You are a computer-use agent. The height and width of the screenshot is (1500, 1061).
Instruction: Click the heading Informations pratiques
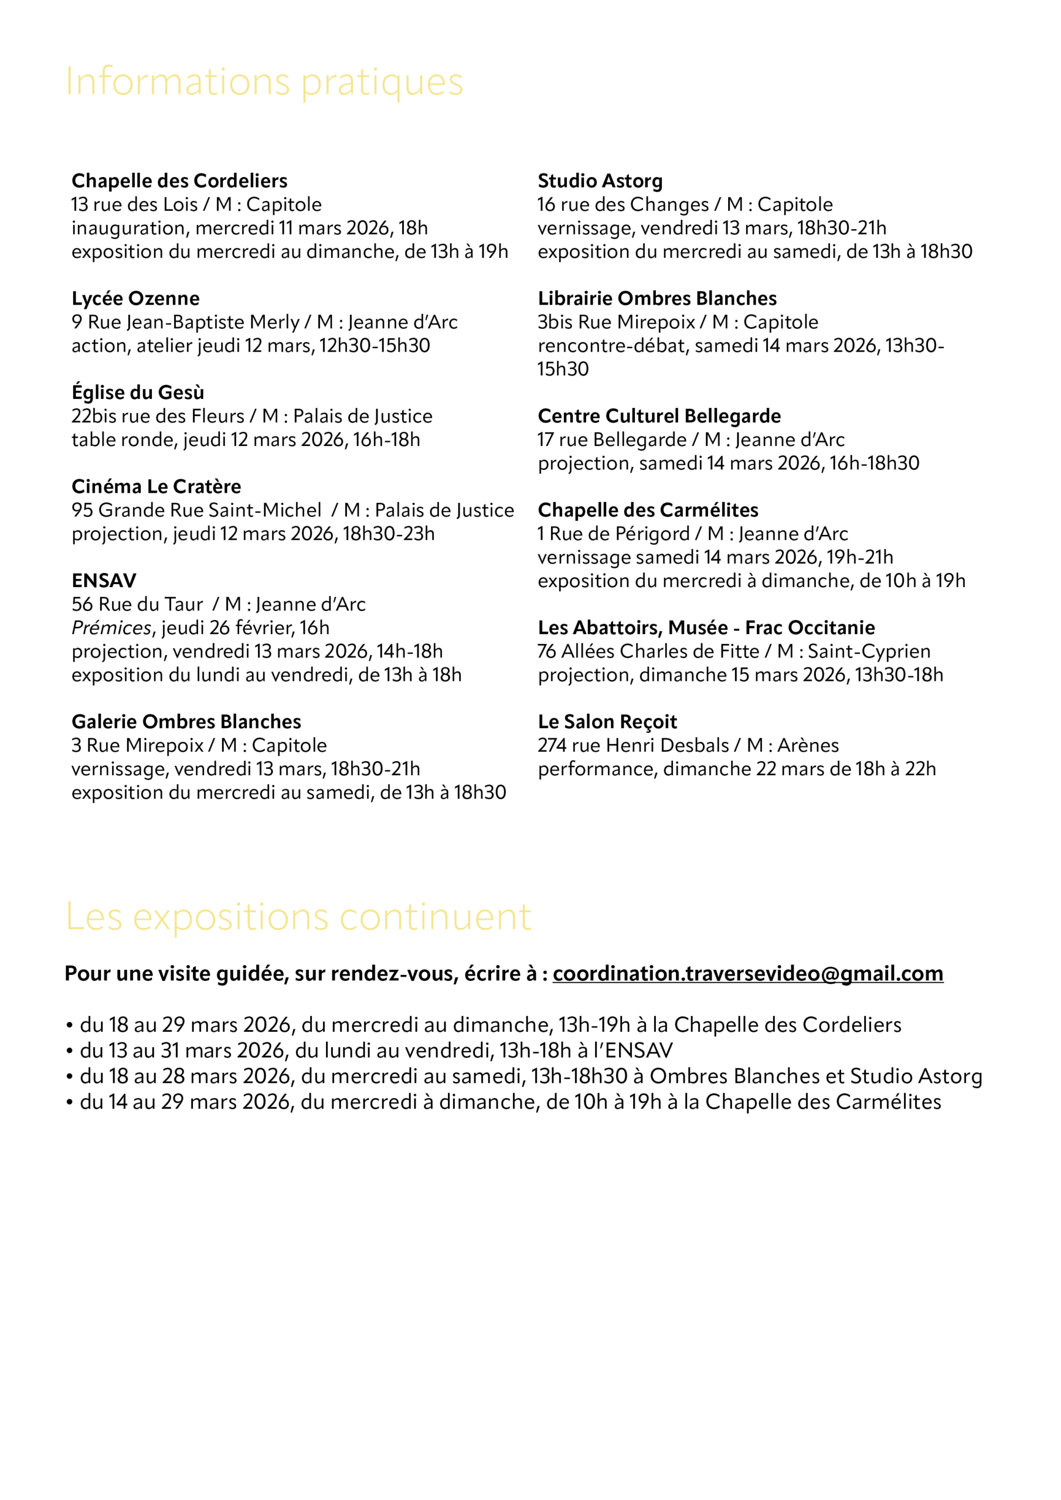[x=264, y=82]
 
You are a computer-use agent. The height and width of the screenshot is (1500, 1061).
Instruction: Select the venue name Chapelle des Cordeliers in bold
[x=179, y=181]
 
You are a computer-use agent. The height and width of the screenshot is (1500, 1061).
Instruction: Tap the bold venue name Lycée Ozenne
[x=135, y=299]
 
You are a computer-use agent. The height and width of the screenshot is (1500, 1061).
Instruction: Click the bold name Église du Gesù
[x=138, y=393]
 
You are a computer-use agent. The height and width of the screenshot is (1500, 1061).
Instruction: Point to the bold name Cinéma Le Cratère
[x=157, y=487]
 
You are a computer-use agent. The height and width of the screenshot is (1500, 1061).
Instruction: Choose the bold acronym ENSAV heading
[x=104, y=581]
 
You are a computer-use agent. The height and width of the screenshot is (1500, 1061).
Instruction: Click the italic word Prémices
[x=111, y=628]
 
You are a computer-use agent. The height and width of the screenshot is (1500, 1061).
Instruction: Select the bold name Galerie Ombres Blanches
[x=186, y=722]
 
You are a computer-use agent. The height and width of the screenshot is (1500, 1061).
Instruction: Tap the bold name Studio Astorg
[x=600, y=181]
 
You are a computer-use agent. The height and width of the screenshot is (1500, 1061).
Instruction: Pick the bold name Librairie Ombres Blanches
[x=657, y=299]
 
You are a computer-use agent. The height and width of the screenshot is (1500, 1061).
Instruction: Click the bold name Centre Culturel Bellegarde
[x=659, y=416]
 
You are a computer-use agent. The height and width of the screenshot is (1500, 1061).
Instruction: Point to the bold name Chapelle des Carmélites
[x=648, y=510]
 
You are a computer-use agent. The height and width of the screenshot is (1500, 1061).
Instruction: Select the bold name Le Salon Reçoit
[x=607, y=722]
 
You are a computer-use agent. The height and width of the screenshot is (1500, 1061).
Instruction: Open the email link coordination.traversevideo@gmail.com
[x=748, y=974]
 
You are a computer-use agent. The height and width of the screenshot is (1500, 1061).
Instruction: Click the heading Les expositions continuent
[x=298, y=917]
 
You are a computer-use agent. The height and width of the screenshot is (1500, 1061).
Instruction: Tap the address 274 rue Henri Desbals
[x=633, y=745]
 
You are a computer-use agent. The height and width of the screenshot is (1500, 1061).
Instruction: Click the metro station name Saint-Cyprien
[x=869, y=652]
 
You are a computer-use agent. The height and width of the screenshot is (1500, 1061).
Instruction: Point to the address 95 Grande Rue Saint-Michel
[x=196, y=510]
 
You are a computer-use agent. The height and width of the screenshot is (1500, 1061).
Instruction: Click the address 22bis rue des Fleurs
[x=158, y=416]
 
